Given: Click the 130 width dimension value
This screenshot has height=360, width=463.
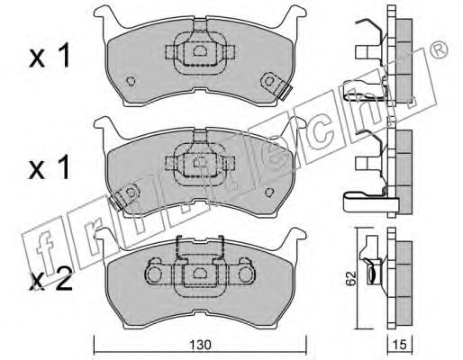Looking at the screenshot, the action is pyautogui.click(x=200, y=345).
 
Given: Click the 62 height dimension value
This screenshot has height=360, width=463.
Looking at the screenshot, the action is pyautogui.click(x=350, y=278).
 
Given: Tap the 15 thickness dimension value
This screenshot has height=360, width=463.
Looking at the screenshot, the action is pyautogui.click(x=400, y=345).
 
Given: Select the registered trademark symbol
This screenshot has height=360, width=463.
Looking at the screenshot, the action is pyautogui.click(x=439, y=49).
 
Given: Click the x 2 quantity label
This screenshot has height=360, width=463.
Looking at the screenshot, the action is pyautogui.click(x=50, y=279).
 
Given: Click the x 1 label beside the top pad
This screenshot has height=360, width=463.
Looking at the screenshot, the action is pyautogui.click(x=50, y=56).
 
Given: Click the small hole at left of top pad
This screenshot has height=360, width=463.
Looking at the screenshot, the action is pyautogui.click(x=131, y=81).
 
